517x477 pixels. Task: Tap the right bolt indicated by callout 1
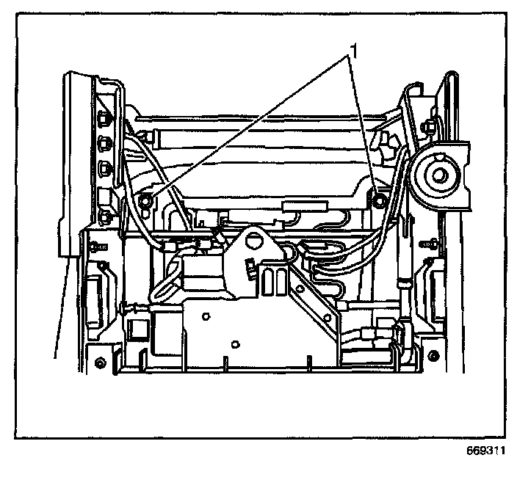pos(379,199)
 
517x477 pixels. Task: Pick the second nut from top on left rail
pos(104,142)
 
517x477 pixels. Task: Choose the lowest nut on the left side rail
pos(105,215)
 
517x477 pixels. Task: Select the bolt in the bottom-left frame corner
pos(99,363)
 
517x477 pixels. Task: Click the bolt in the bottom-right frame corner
pos(433,357)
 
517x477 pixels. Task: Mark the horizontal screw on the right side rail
pos(427,241)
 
